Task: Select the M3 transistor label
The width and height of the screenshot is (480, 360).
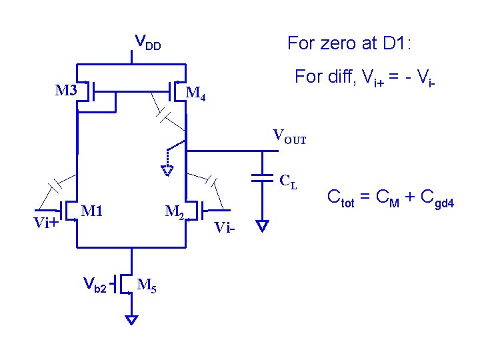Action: [x=66, y=90]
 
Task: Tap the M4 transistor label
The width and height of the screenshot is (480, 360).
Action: [x=195, y=95]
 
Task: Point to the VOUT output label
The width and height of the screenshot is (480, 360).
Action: [x=289, y=137]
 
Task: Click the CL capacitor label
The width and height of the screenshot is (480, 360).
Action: [x=288, y=181]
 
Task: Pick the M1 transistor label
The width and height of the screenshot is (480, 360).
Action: [x=91, y=211]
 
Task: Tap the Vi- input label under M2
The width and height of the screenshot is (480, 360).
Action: [x=225, y=228]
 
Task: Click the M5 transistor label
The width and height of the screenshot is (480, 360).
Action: [x=147, y=286]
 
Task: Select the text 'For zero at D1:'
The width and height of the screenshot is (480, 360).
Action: [x=350, y=44]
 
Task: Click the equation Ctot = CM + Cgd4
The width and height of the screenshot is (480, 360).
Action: [x=390, y=197]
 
